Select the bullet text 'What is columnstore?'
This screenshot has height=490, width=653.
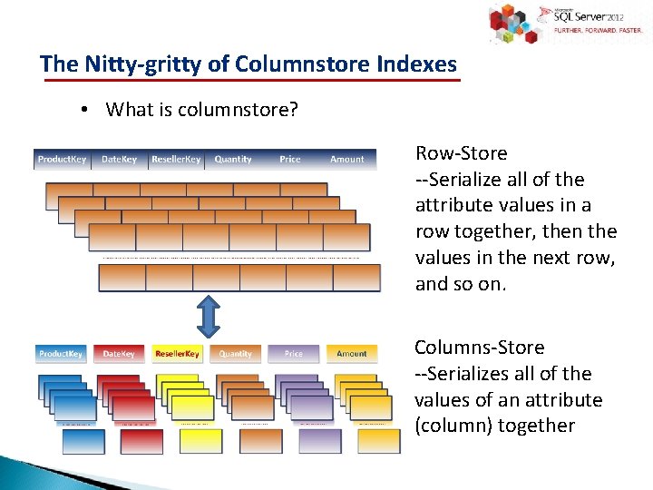201,110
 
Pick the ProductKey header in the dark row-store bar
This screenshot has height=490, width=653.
62,160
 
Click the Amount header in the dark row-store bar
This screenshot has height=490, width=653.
346,160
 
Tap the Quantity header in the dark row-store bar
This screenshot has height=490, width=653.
233,160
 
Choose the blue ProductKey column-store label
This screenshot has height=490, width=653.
61,354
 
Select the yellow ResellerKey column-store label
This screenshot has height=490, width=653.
177,354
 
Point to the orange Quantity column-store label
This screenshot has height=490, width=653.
236,354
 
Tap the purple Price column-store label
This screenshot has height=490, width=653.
294,354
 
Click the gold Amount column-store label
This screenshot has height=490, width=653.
352,354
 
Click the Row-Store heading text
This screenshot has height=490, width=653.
461,153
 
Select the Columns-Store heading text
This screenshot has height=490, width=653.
479,348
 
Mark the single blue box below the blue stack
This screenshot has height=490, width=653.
83,441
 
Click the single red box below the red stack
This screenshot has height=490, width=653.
141,441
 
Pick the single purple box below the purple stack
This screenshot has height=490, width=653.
319,441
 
